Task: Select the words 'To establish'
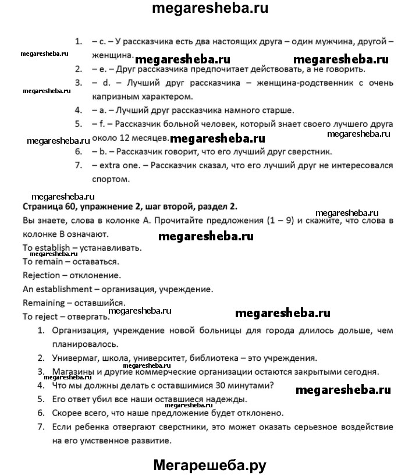pos(47,247)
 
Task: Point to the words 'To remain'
pos(42,261)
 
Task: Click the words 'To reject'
pos(40,317)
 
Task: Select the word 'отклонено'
pos(260,413)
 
